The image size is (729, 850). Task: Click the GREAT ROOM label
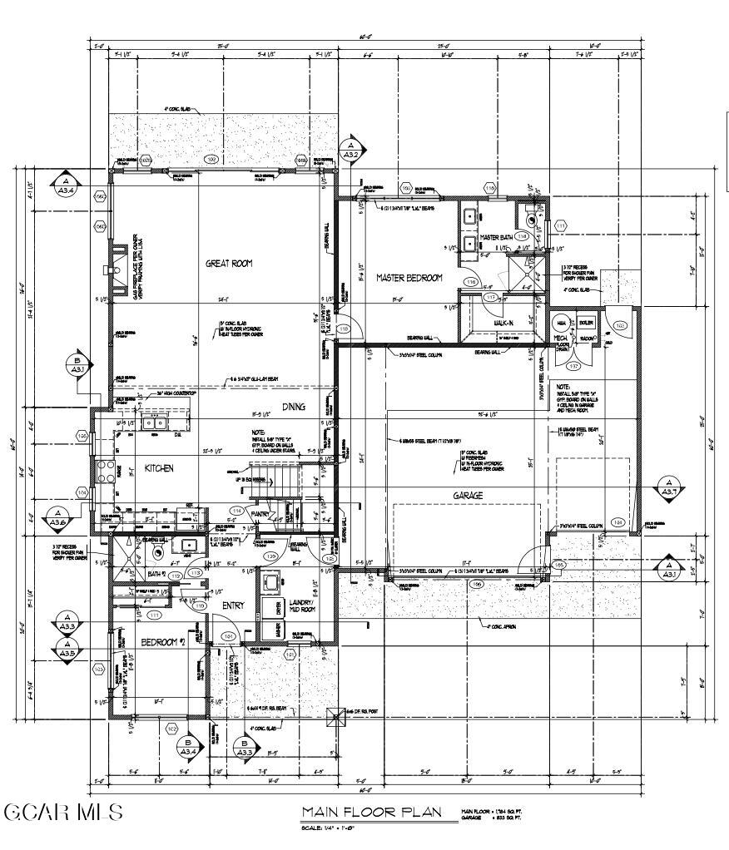click(x=229, y=264)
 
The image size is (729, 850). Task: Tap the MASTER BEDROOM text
click(x=409, y=278)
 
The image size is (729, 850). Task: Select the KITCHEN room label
click(x=159, y=469)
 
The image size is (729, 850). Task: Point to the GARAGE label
click(x=468, y=496)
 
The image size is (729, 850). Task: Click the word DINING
click(x=293, y=408)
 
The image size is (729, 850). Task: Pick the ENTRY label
click(x=233, y=605)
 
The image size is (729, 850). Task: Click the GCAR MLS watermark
click(x=63, y=812)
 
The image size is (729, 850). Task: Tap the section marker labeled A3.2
click(x=350, y=151)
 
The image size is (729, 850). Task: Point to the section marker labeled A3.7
click(x=667, y=488)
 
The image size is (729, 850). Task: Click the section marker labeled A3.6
click(x=57, y=517)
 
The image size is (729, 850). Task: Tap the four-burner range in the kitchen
click(x=106, y=472)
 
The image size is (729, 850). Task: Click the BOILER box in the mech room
click(x=586, y=323)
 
